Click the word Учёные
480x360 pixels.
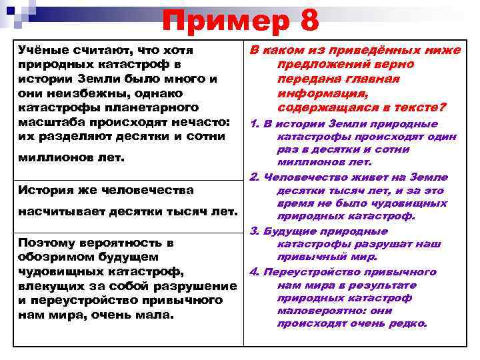(43, 51)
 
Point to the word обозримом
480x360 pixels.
(54, 257)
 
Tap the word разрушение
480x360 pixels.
(203, 285)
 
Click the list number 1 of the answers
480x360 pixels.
(254, 125)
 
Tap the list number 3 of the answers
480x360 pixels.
(254, 231)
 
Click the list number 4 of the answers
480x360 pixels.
(254, 272)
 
